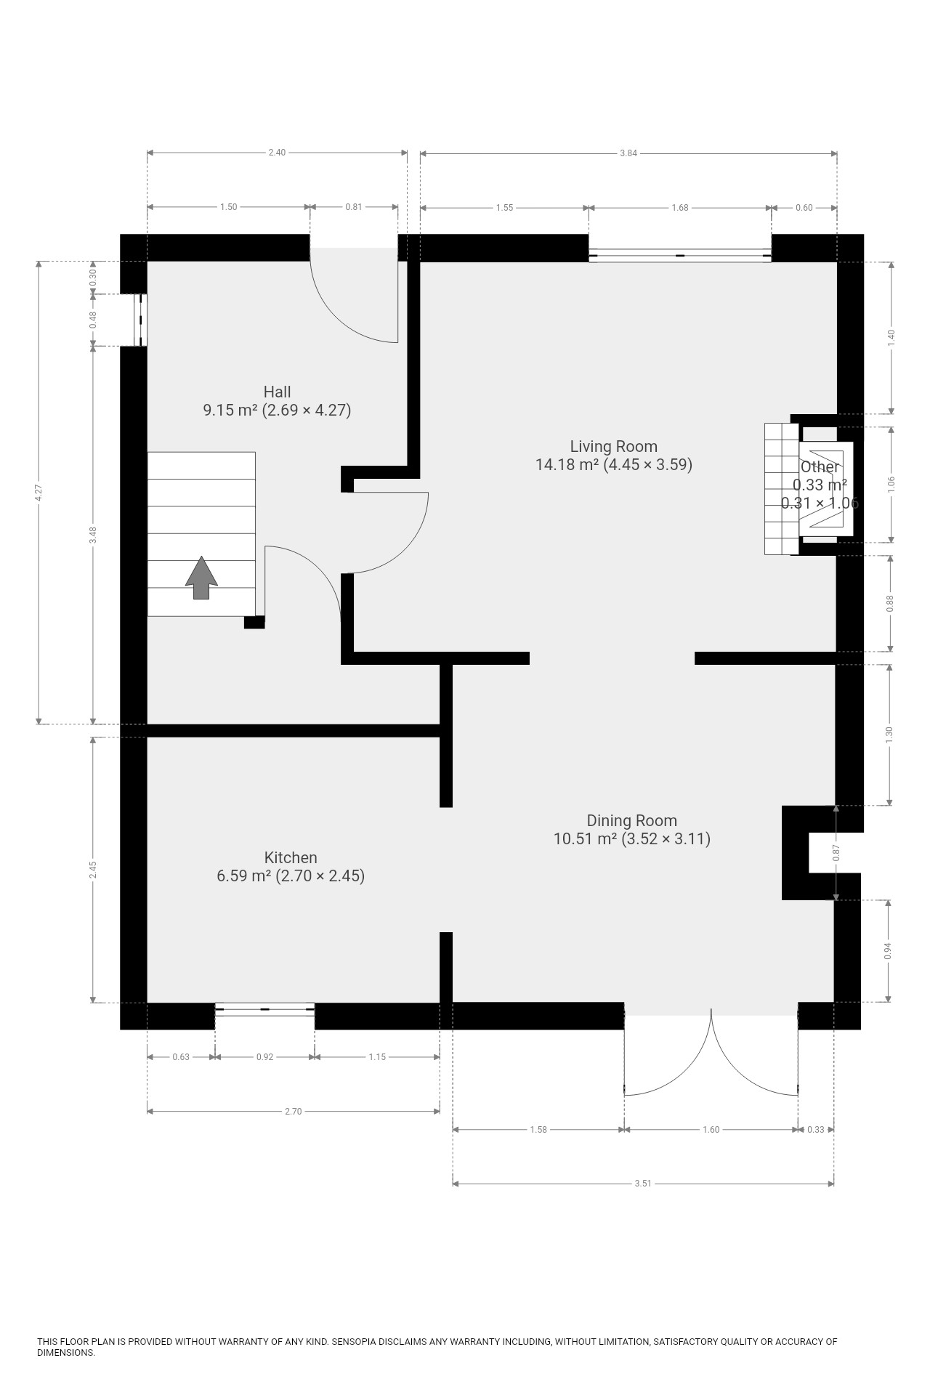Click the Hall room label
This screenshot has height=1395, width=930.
click(277, 401)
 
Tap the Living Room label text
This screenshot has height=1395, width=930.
click(614, 456)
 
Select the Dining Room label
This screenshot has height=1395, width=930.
click(632, 830)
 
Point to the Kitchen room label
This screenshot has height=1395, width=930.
click(291, 866)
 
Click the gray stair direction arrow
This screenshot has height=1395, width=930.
click(201, 578)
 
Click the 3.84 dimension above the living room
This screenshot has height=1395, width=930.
click(628, 153)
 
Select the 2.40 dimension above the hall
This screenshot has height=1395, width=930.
click(277, 153)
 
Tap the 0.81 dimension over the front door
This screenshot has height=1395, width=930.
click(354, 207)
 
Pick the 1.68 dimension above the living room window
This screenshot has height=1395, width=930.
click(680, 208)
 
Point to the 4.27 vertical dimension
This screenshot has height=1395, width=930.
click(39, 492)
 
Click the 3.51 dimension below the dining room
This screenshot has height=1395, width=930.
click(643, 1184)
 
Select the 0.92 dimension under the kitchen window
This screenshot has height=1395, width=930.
click(265, 1057)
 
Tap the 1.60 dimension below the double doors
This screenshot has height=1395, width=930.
click(711, 1130)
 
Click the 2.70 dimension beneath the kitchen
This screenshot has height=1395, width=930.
click(293, 1112)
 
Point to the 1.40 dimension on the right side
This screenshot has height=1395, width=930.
click(891, 338)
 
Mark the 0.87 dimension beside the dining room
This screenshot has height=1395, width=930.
click(836, 852)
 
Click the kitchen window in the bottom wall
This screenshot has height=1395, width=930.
click(265, 1009)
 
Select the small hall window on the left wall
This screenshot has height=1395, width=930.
click(141, 320)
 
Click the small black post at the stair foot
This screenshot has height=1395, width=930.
click(254, 622)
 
